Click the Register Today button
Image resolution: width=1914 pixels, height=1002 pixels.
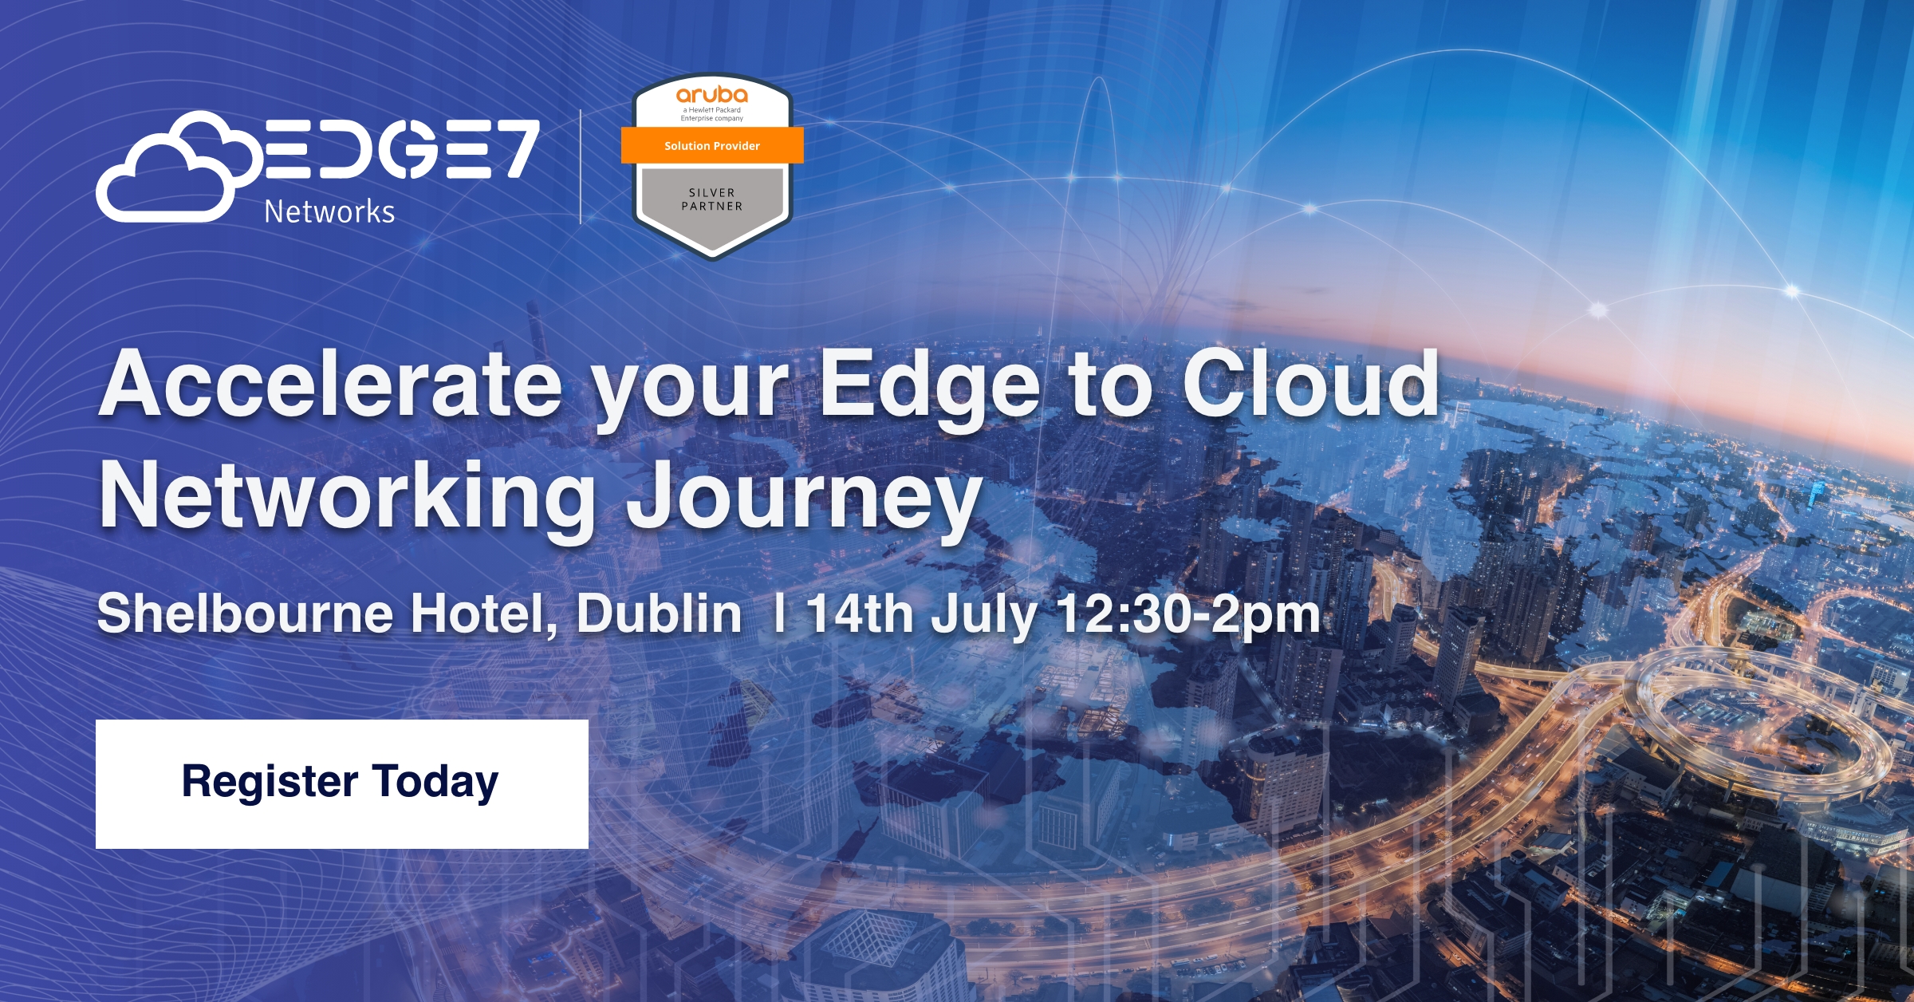pos(341,783)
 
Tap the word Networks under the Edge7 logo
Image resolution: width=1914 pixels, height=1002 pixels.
pos(329,212)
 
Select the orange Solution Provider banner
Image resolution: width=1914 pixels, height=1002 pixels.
pos(712,146)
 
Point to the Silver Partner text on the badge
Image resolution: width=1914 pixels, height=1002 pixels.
pos(712,199)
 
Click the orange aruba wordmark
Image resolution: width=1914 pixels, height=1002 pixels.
pos(712,95)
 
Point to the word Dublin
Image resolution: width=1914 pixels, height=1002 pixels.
pos(659,614)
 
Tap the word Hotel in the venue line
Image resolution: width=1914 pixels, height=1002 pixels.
pos(484,614)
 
